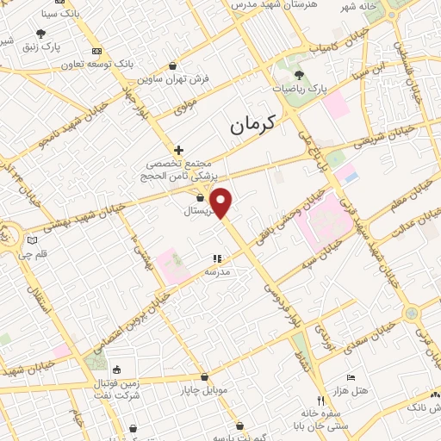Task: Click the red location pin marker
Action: pos(221,202)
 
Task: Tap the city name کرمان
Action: pos(252,126)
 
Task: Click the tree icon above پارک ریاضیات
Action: pos(299,76)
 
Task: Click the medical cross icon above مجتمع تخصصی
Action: pos(178,150)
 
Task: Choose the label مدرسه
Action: pos(217,271)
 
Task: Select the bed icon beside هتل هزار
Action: pos(350,378)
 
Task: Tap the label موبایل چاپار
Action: pos(204,390)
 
